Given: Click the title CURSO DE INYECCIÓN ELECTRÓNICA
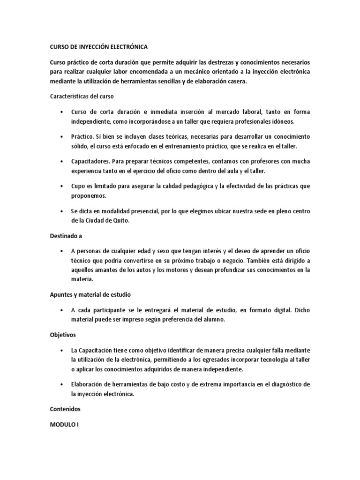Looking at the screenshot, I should [x=98, y=47].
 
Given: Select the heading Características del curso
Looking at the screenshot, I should [x=82, y=96].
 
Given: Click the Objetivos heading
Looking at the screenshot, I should [x=63, y=336].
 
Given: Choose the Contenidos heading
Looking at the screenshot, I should [x=65, y=409].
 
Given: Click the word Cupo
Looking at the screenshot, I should [x=78, y=186].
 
